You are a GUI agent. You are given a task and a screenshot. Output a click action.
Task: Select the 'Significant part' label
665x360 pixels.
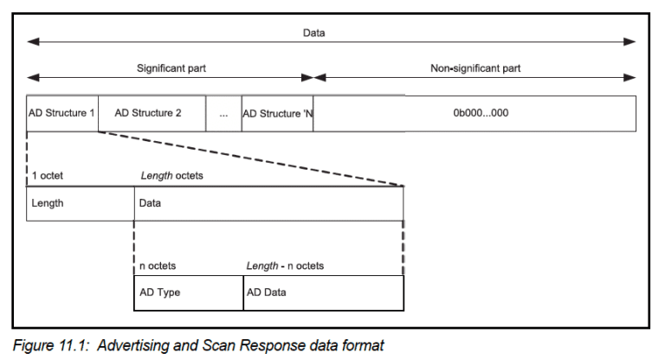(171, 67)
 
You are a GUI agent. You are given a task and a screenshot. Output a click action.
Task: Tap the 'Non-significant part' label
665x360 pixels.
(475, 67)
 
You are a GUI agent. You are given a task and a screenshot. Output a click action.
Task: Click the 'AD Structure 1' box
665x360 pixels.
(62, 113)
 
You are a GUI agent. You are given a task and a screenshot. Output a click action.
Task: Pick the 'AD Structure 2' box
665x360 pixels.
(152, 113)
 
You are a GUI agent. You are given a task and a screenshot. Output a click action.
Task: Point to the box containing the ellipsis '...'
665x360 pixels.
(223, 113)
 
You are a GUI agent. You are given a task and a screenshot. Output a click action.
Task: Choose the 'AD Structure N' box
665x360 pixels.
(277, 113)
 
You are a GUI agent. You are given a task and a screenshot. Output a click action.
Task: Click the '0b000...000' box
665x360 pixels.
(475, 113)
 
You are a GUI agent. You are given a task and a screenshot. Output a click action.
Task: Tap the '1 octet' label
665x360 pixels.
(48, 176)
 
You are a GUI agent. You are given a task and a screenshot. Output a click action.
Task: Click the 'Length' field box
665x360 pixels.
(80, 203)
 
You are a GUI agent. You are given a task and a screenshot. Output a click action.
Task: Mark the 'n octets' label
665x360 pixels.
(158, 266)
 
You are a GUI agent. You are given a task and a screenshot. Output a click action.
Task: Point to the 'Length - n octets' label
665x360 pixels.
(285, 266)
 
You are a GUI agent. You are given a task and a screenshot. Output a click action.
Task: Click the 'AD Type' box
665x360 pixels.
(188, 292)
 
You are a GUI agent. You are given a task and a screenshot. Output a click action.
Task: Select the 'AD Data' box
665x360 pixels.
(323, 292)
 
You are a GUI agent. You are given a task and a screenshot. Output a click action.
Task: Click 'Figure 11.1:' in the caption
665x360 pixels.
(53, 345)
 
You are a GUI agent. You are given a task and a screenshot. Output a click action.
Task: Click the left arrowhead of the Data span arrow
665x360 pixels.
(32, 42)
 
